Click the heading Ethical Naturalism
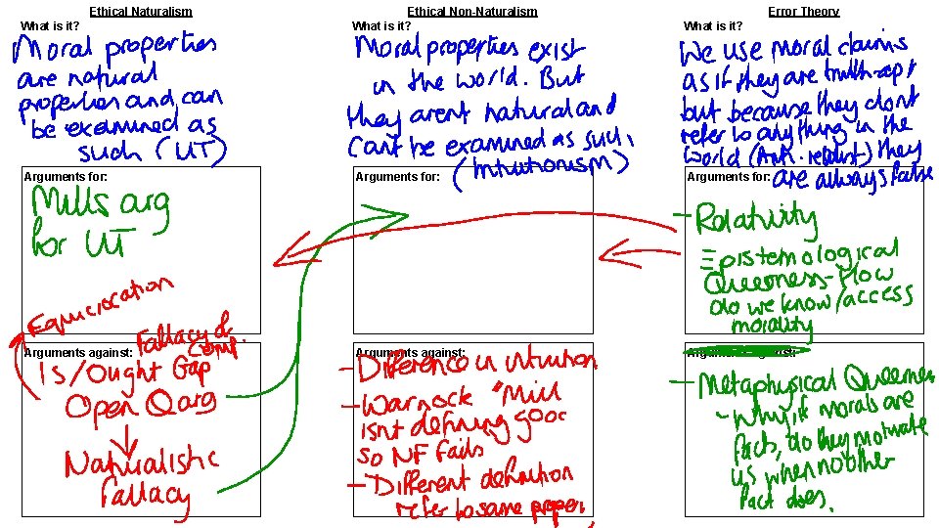pyautogui.click(x=140, y=12)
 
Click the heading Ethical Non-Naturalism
pyautogui.click(x=471, y=12)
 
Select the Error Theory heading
pyautogui.click(x=803, y=12)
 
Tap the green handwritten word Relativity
pyautogui.click(x=756, y=219)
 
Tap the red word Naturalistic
pyautogui.click(x=143, y=461)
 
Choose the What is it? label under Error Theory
pyautogui.click(x=712, y=25)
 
